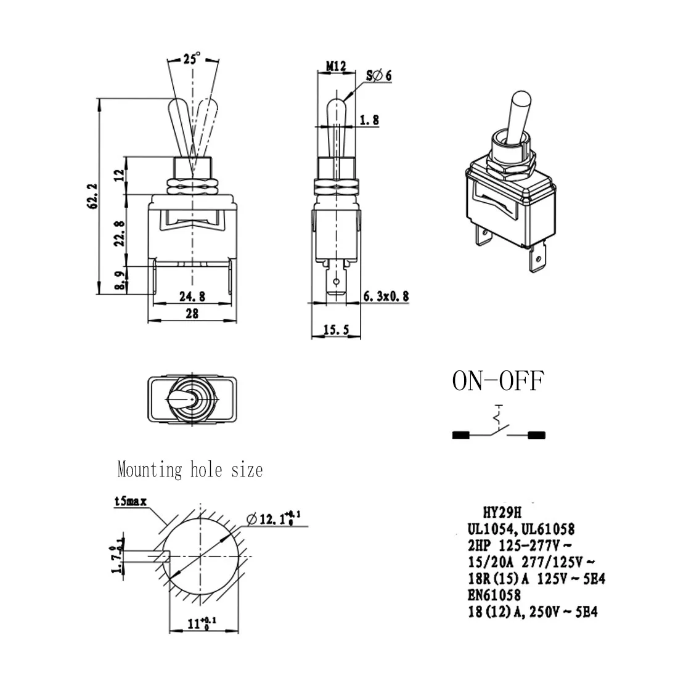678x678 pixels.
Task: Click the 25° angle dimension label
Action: pos(192,59)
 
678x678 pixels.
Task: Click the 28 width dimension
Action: pos(192,314)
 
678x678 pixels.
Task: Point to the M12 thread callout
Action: pos(335,65)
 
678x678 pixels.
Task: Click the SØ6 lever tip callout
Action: pos(379,75)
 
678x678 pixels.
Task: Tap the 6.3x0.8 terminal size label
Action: pos(385,297)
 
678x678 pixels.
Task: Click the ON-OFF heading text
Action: pos(498,382)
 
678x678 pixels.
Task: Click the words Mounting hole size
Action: pos(190,470)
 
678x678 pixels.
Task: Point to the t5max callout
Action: pos(131,502)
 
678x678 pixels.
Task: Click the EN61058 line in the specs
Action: pos(494,595)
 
